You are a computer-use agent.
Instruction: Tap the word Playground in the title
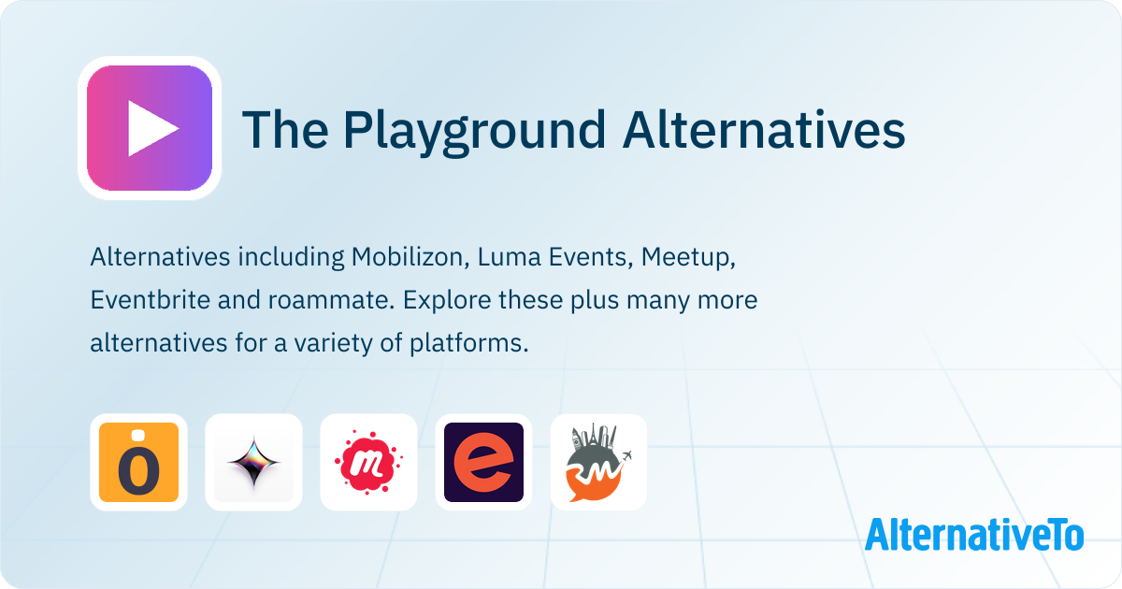[474, 131]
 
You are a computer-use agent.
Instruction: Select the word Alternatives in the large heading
[764, 130]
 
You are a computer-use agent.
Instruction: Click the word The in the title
[285, 130]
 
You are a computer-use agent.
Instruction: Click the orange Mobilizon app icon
[138, 462]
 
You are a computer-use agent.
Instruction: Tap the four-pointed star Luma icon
[253, 462]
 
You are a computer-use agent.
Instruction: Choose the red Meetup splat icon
[368, 462]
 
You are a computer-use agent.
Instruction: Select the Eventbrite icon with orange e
[484, 462]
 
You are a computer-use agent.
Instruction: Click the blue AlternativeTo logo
[974, 535]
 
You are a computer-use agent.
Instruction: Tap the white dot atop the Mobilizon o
[138, 436]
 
